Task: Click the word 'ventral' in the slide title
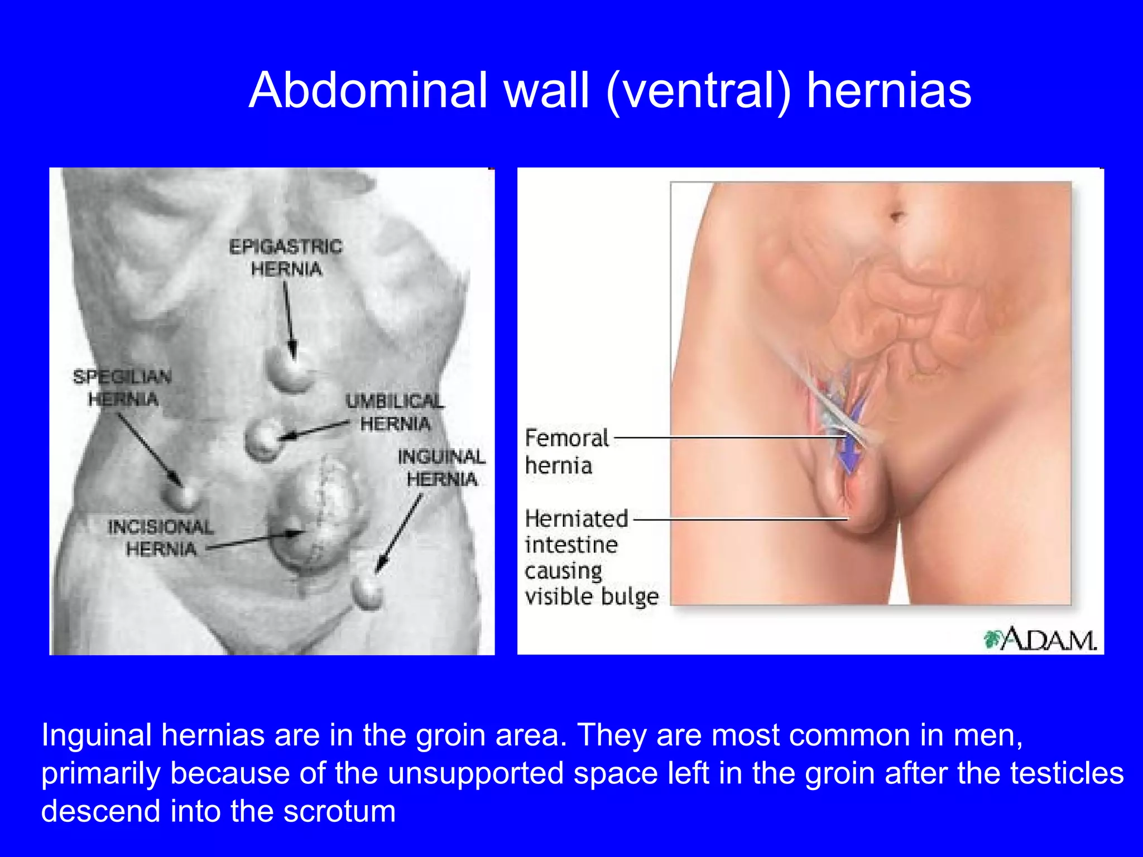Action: (x=698, y=90)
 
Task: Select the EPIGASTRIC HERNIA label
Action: (x=286, y=258)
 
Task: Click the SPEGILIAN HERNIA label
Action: (x=123, y=388)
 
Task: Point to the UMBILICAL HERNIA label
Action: (x=395, y=412)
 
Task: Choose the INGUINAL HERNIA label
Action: (x=441, y=468)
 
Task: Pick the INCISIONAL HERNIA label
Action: (x=161, y=538)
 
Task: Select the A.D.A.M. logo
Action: (x=1041, y=640)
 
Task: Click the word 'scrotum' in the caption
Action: (x=339, y=811)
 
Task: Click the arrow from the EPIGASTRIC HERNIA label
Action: (x=289, y=318)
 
